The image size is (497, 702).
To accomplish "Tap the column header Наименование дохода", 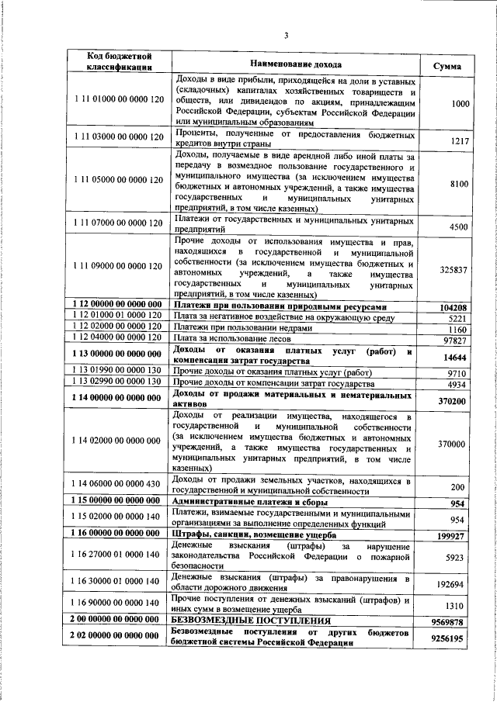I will point(295,63).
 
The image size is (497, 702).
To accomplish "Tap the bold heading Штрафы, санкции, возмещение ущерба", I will point(254,534).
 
